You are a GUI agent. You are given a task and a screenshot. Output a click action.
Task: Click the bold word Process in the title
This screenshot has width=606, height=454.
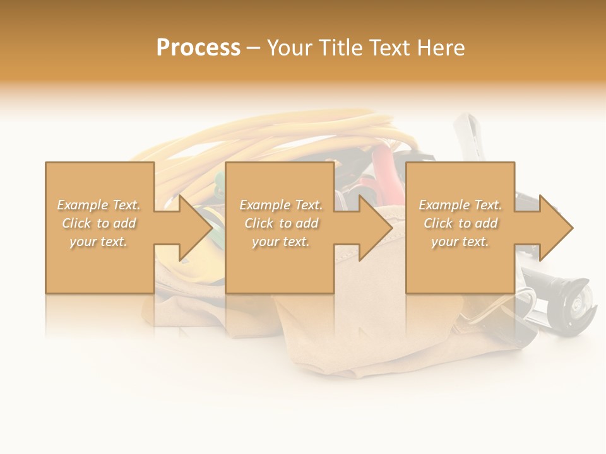point(198,48)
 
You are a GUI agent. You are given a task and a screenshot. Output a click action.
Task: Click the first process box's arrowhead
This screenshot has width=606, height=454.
point(193,228)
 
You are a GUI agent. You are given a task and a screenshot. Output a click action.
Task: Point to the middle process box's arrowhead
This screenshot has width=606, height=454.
point(374,228)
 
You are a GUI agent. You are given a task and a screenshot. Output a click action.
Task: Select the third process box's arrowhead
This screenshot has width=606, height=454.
point(554,228)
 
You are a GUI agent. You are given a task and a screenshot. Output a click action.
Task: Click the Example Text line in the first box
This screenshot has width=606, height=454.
point(99,205)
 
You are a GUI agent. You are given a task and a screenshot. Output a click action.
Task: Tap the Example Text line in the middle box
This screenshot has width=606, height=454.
point(281,205)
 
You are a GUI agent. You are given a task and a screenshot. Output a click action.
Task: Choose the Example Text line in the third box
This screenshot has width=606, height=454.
point(460,205)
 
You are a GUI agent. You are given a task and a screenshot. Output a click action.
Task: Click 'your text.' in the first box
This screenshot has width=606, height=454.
point(99,242)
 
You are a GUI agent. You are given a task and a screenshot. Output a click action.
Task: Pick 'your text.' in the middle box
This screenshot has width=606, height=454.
point(281,242)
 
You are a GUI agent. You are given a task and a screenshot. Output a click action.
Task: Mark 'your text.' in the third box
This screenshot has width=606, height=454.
point(460,242)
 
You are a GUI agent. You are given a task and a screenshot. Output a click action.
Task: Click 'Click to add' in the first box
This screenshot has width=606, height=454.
point(99,223)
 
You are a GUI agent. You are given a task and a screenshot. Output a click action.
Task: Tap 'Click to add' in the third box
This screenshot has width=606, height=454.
point(460,223)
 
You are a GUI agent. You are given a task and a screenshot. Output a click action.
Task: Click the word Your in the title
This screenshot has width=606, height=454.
point(288,48)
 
